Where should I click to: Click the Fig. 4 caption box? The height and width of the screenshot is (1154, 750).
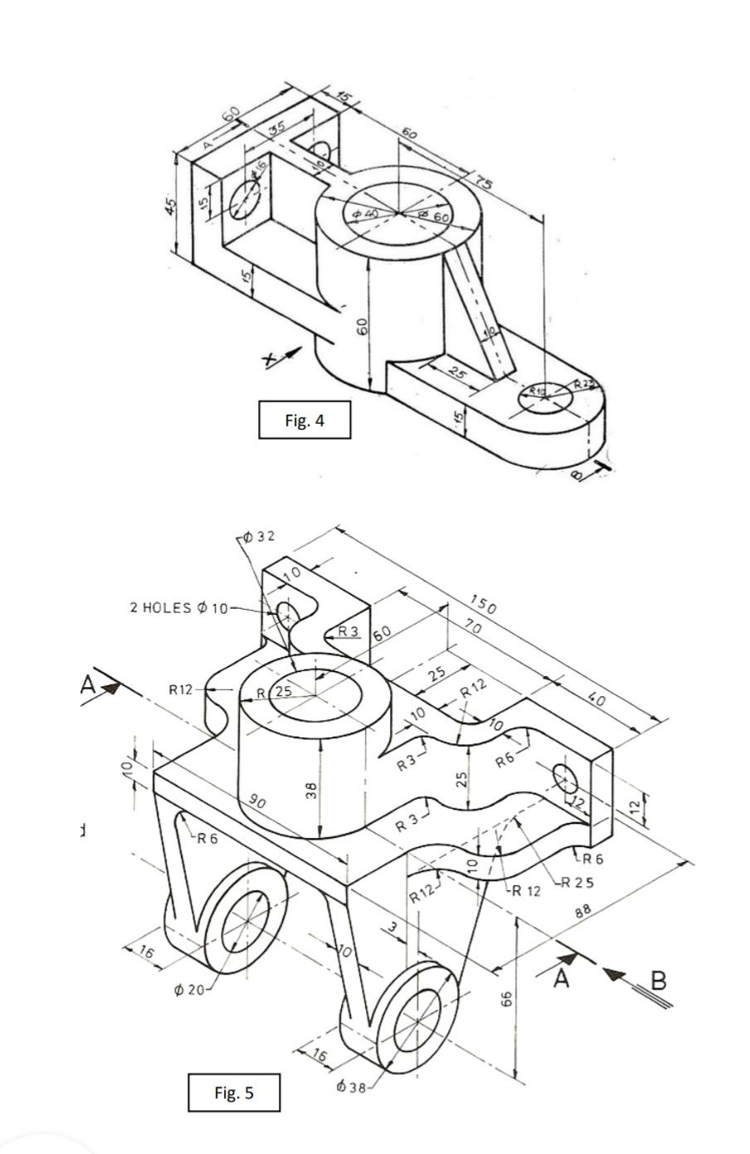[x=304, y=420]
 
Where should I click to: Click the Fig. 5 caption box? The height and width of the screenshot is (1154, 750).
[x=233, y=1092]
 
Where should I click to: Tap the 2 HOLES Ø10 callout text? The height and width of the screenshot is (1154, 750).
[x=178, y=607]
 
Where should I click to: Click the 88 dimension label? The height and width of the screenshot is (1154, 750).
[x=583, y=911]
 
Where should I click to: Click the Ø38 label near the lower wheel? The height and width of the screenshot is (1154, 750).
[x=351, y=1086]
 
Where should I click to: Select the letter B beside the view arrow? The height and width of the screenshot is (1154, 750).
[x=658, y=981]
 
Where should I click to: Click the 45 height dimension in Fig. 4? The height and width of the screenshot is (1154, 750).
[x=170, y=206]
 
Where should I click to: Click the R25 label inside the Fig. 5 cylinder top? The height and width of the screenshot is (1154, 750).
[x=276, y=692]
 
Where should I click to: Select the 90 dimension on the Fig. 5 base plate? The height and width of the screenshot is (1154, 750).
[x=257, y=803]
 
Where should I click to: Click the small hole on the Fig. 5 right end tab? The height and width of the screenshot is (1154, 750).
[x=565, y=780]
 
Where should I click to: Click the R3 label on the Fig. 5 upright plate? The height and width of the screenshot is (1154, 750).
[x=348, y=631]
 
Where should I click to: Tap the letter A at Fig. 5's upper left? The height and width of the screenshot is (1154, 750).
[x=88, y=684]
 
